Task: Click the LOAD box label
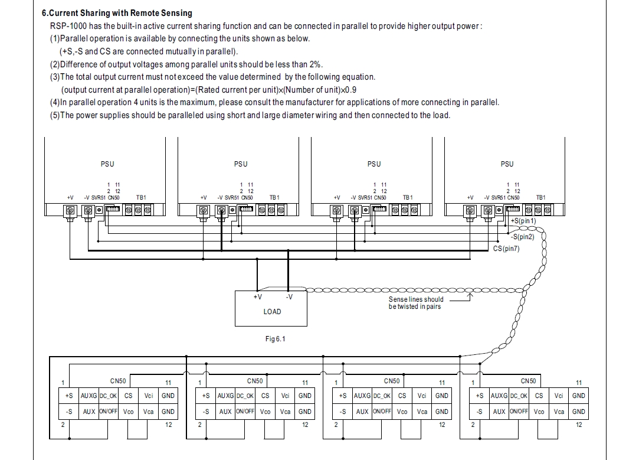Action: (x=272, y=311)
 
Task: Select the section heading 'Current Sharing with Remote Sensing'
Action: (x=121, y=13)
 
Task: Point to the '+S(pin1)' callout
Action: (x=523, y=221)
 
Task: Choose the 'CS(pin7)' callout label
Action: (x=506, y=249)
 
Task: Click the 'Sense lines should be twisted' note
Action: (x=415, y=303)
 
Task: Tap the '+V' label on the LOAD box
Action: (x=257, y=297)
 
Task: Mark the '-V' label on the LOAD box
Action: (x=289, y=297)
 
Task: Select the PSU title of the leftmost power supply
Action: (x=107, y=164)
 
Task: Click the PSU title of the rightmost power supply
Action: (x=507, y=164)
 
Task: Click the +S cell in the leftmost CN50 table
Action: (x=69, y=396)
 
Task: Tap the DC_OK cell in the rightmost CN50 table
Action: (x=518, y=396)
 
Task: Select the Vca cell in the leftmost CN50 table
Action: (x=149, y=412)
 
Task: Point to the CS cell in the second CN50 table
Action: (x=265, y=396)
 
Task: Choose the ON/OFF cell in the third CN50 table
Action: (x=382, y=412)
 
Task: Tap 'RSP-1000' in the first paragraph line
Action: (x=68, y=26)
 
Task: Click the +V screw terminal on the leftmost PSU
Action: (x=70, y=210)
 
